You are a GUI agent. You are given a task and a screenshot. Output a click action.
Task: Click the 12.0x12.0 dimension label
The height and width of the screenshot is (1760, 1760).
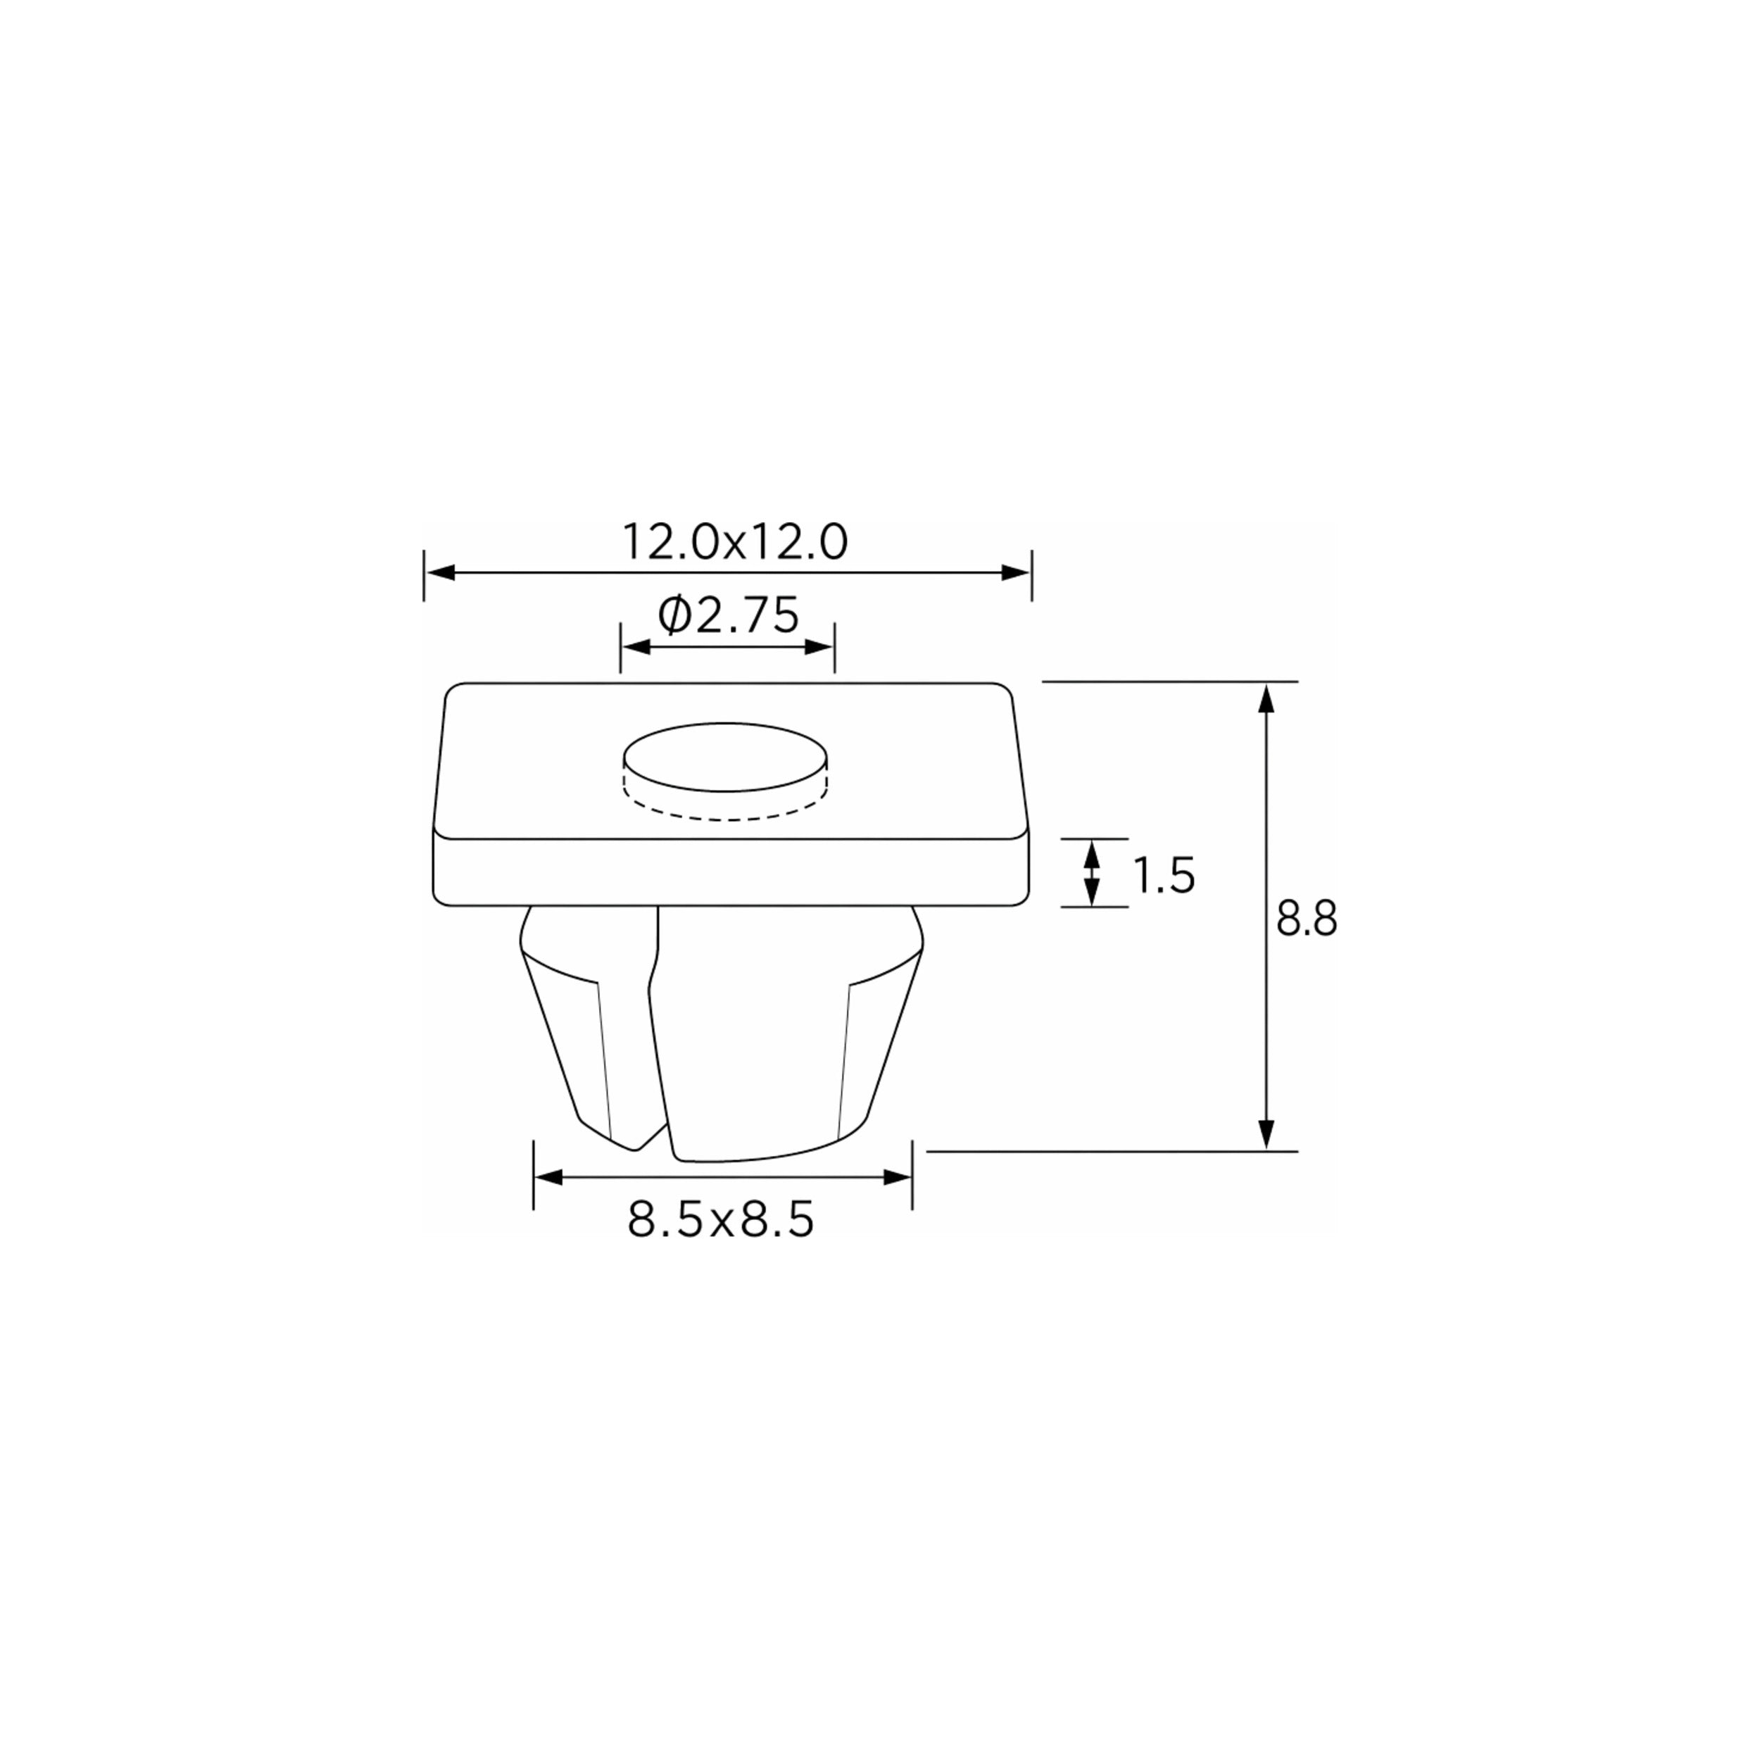[x=734, y=542]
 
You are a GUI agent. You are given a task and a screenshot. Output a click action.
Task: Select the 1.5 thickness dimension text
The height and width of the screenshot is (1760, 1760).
[x=1163, y=876]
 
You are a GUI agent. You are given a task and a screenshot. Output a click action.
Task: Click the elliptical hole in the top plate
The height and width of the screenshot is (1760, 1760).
[x=726, y=757]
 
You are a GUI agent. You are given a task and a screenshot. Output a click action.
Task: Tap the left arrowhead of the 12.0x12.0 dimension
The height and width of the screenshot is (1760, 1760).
[x=441, y=573]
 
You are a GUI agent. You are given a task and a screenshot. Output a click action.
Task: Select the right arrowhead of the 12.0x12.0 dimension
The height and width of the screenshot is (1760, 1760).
[x=1016, y=573]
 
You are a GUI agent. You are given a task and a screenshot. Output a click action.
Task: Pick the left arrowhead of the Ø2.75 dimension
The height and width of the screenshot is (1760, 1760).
[x=636, y=647]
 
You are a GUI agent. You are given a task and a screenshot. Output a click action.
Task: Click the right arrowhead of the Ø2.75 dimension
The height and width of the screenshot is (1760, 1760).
[x=819, y=647]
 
